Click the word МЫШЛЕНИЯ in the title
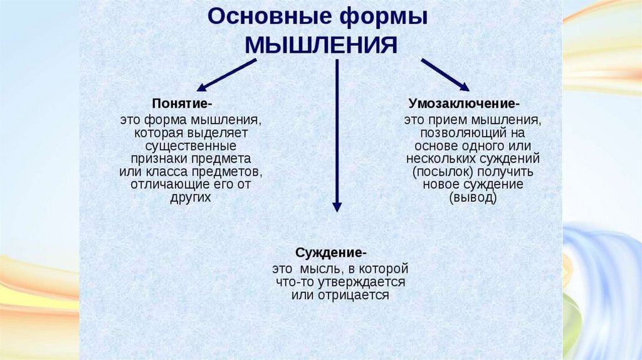[320, 46]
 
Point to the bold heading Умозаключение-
[464, 102]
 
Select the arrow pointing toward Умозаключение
[445, 75]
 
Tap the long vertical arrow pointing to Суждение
[337, 135]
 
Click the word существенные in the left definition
[190, 145]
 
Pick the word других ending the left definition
[190, 196]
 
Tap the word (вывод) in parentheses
[473, 198]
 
